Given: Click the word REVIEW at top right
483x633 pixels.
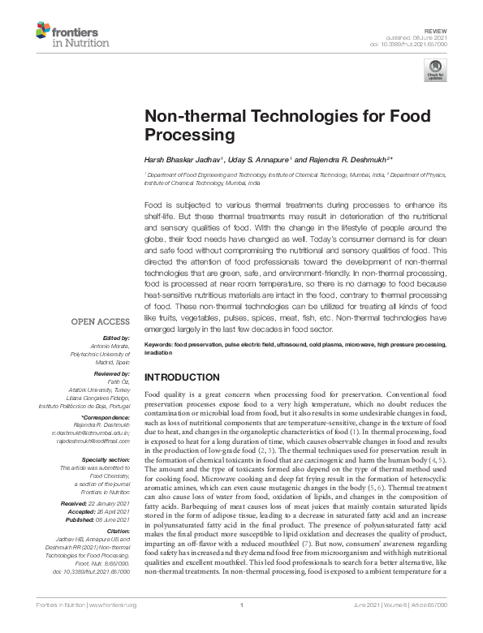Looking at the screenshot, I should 459,28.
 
